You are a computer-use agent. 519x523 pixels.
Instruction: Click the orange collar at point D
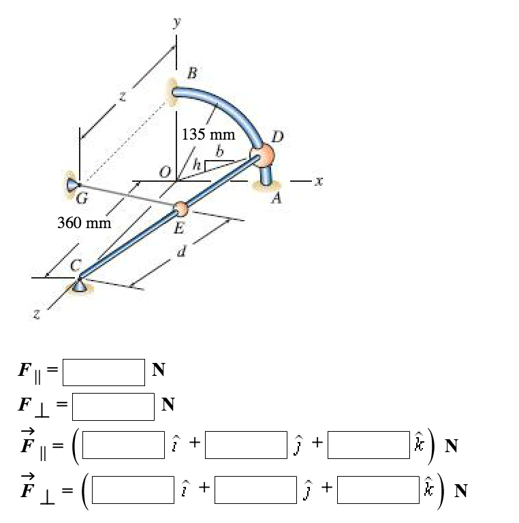(x=262, y=156)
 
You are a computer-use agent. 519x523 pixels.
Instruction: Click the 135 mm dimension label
(x=208, y=134)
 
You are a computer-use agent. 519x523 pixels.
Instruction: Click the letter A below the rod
(x=276, y=197)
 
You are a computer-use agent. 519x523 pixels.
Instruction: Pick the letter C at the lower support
(x=76, y=266)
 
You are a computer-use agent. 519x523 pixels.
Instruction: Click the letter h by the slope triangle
(x=197, y=163)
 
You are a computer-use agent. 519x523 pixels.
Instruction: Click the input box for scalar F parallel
(x=106, y=372)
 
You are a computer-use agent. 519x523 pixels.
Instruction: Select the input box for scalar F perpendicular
(x=114, y=407)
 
